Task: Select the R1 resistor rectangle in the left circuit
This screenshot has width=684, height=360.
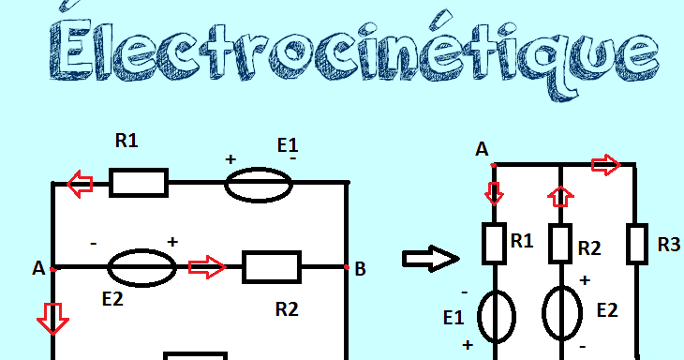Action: click(x=139, y=183)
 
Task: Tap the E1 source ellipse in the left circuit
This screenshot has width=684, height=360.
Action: click(x=259, y=184)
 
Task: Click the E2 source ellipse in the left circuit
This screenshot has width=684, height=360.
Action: click(x=141, y=268)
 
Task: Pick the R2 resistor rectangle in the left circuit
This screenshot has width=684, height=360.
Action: click(x=272, y=267)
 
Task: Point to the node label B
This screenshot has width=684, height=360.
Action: click(x=360, y=270)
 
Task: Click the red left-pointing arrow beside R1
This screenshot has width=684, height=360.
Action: click(x=81, y=184)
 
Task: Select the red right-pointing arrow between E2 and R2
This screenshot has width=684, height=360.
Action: click(x=207, y=267)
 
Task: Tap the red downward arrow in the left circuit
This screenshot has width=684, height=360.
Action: click(x=52, y=318)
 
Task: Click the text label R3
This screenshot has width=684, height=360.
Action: click(x=668, y=245)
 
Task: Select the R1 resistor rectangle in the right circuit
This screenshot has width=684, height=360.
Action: click(x=494, y=244)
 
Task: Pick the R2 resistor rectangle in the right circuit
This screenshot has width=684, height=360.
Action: click(x=560, y=244)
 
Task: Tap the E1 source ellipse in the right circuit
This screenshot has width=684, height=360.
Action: click(x=496, y=316)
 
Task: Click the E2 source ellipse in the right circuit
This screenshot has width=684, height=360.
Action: click(x=561, y=316)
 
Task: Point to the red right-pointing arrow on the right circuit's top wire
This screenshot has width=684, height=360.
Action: click(x=606, y=166)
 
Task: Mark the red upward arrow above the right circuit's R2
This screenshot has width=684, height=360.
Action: click(x=560, y=196)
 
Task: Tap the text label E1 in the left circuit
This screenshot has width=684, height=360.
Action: click(x=288, y=145)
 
